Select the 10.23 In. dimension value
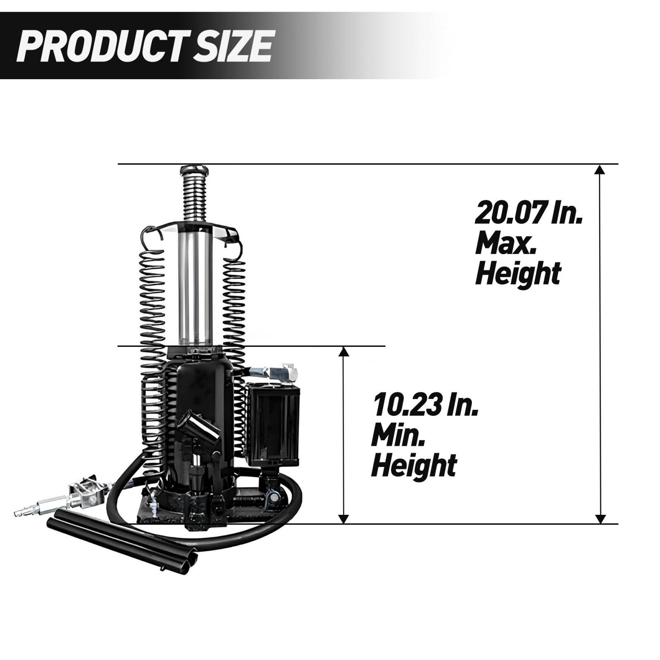[x=425, y=406]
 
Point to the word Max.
[x=506, y=244]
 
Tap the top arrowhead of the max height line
[x=601, y=169]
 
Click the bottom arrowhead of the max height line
[x=601, y=519]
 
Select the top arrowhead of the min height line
[x=344, y=351]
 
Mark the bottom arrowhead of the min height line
[x=344, y=519]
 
